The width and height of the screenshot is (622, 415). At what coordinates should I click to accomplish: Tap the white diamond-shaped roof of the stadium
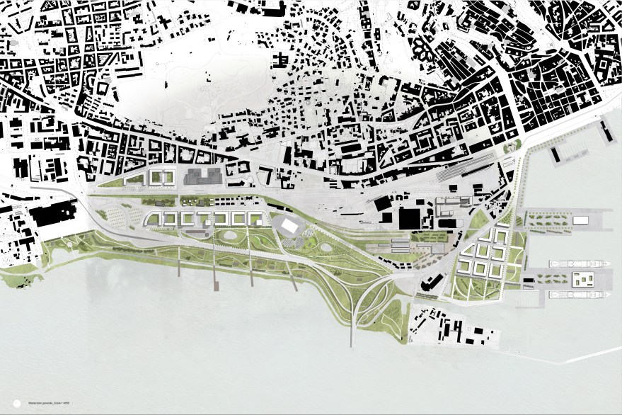pyautogui.click(x=289, y=226)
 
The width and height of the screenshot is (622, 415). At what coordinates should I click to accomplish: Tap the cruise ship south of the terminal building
pyautogui.click(x=577, y=295)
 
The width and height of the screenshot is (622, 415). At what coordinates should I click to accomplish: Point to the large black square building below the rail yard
pyautogui.click(x=409, y=218)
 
